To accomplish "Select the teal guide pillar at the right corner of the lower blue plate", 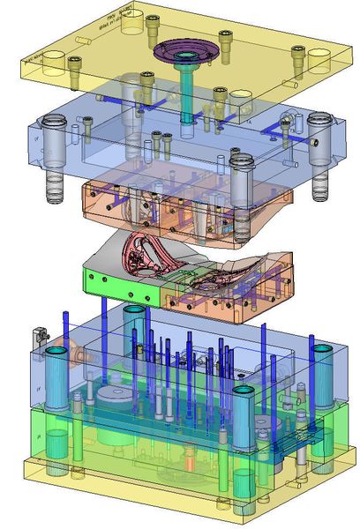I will pyautogui.click(x=321, y=379).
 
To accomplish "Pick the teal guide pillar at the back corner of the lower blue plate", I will pyautogui.click(x=134, y=326).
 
